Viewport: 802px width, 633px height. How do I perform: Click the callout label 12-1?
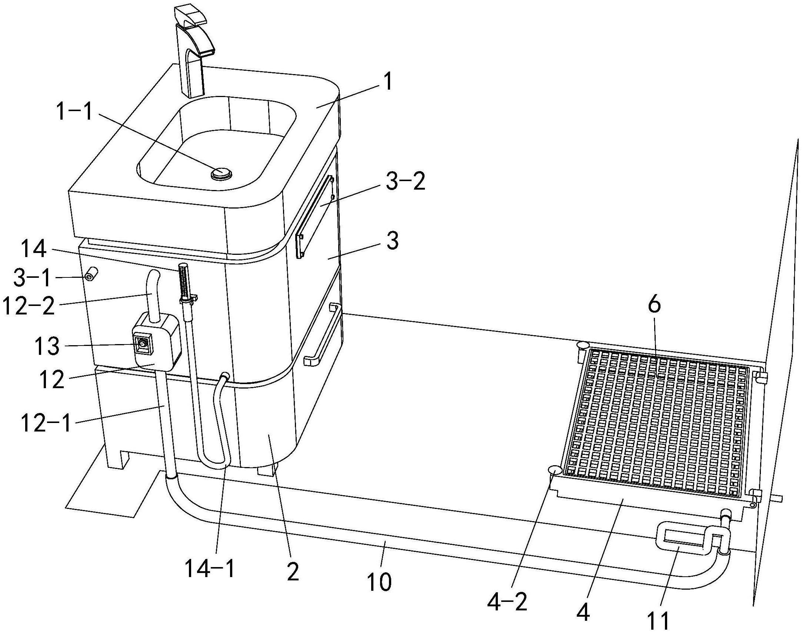[46, 423]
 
